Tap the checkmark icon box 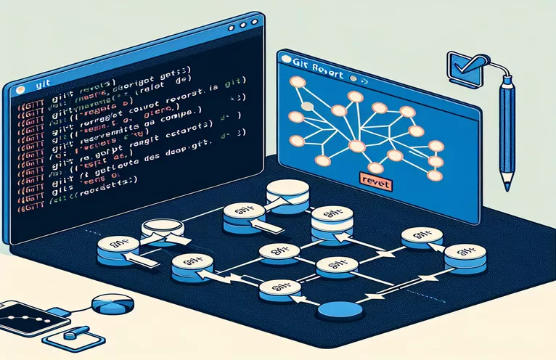tap(461, 66)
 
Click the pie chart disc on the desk tap(110, 304)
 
